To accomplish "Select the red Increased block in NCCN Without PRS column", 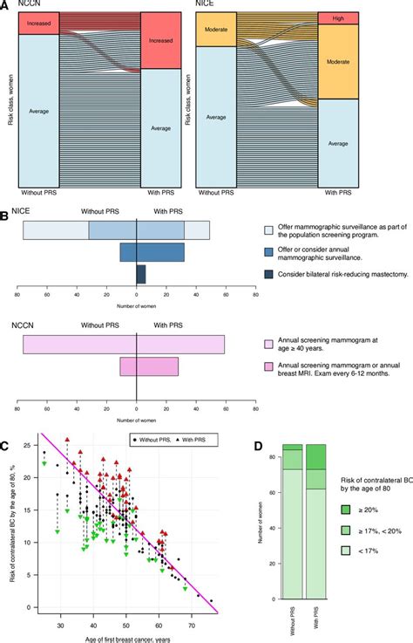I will click(39, 26).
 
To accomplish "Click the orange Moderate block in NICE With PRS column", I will click(339, 61).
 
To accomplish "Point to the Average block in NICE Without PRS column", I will click(214, 116).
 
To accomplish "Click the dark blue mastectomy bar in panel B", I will click(141, 274).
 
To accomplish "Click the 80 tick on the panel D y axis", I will click(278, 456).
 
